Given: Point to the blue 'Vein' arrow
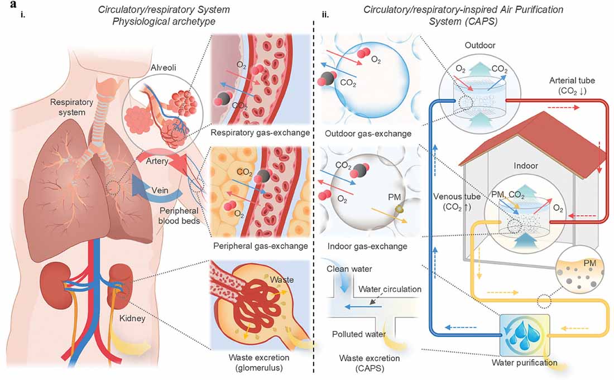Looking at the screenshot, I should coord(146,190).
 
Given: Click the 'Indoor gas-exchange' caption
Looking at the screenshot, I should coord(358,246).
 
